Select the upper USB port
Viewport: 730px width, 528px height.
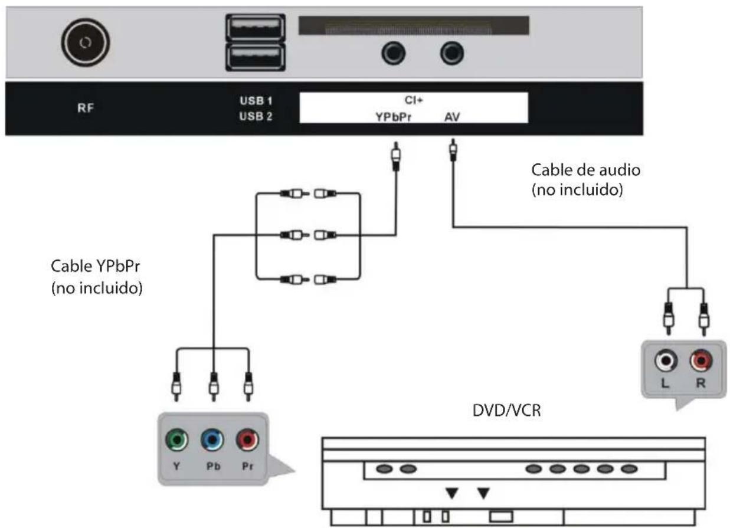[x=254, y=28]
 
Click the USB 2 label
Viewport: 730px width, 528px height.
[x=252, y=116]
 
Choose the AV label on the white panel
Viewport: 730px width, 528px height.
[x=453, y=116]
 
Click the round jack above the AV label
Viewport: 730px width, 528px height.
[x=452, y=54]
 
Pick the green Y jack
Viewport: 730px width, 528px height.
[x=178, y=440]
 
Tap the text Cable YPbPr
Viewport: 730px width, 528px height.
[x=96, y=268]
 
